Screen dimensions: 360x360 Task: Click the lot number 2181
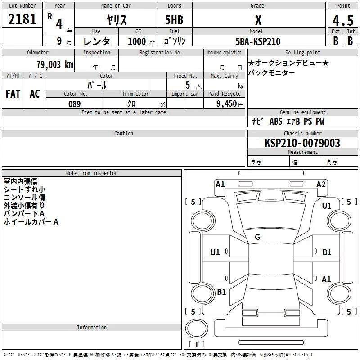pos(22,19)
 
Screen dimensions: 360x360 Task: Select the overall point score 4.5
pos(343,21)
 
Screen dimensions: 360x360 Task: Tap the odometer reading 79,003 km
pos(55,65)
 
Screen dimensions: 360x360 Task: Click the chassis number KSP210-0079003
pos(302,143)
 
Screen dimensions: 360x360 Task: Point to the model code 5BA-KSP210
pos(258,41)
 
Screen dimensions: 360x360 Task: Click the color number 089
pos(75,104)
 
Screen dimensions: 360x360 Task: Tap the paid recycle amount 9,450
pos(227,104)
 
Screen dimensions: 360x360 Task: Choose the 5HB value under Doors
pos(174,20)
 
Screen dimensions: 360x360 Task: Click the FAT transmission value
pos(13,94)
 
